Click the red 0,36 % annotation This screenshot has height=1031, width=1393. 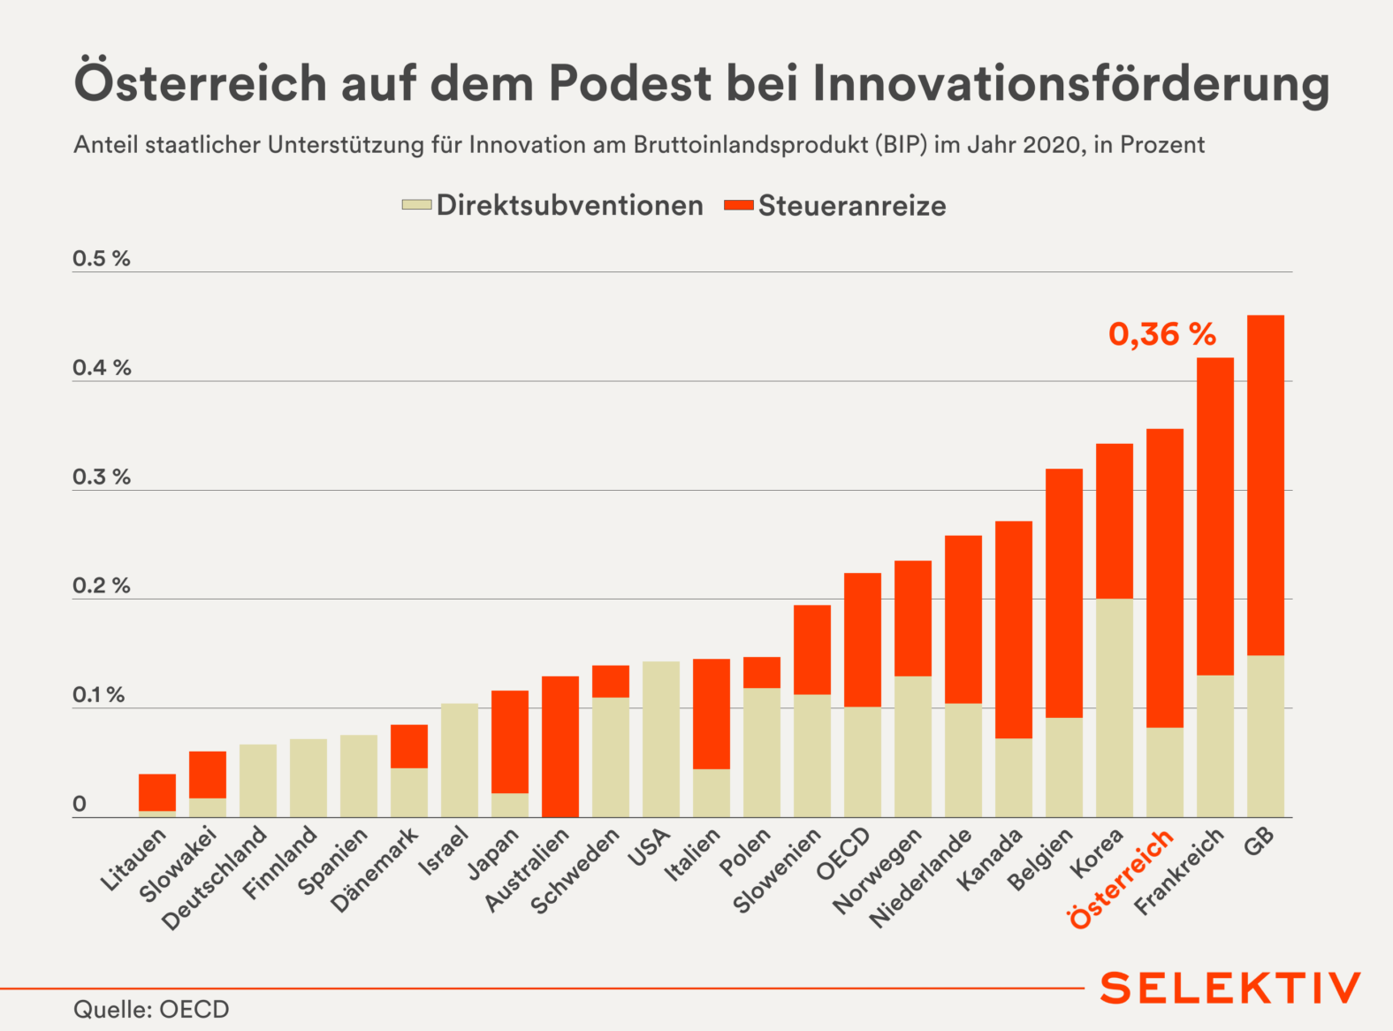pos(1162,334)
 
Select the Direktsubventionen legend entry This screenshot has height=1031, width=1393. pos(552,205)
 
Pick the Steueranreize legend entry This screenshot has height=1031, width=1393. pos(835,205)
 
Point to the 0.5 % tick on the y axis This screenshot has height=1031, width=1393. pos(101,258)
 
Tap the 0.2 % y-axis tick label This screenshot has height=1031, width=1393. pos(101,585)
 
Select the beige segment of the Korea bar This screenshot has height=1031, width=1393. pos(1114,707)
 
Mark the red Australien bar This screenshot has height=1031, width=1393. pos(559,746)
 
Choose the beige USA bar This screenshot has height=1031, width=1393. pos(660,738)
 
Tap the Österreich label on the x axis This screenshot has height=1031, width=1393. pos(1121,879)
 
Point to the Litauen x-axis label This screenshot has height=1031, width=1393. pos(133,859)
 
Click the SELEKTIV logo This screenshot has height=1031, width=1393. pos(1229,988)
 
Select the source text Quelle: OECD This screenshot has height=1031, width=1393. pos(151,1009)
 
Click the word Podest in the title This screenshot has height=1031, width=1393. pos(629,82)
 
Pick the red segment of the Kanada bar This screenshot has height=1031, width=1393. pos(1013,630)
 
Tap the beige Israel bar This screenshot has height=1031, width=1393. pos(459,760)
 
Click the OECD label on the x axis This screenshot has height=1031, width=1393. pos(843,854)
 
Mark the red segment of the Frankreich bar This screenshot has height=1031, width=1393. pos(1214,516)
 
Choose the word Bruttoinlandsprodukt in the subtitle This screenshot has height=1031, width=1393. pos(750,145)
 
